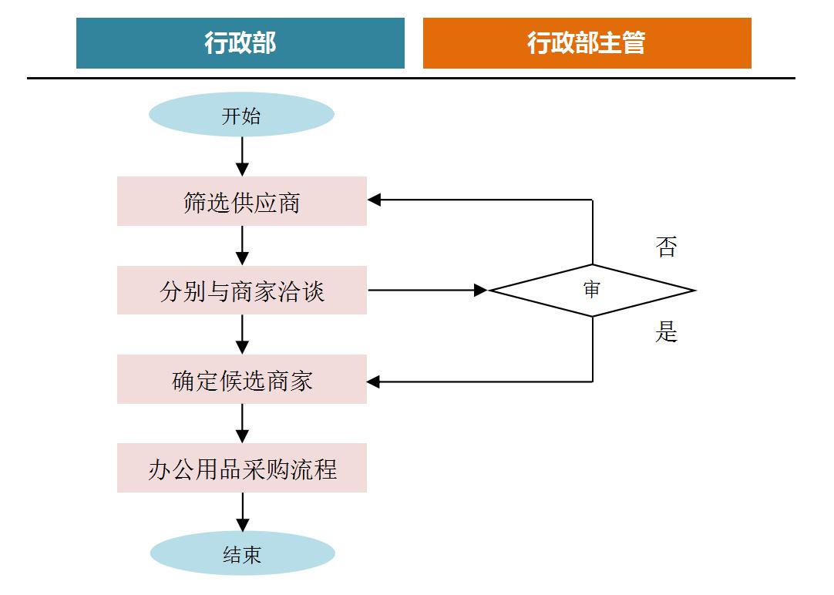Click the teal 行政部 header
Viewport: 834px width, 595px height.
tap(240, 43)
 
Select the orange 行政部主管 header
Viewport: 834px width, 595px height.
tap(587, 43)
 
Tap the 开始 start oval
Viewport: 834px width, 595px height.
tap(241, 116)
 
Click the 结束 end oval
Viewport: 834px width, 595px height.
tap(242, 554)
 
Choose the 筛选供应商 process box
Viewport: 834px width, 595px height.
tap(241, 201)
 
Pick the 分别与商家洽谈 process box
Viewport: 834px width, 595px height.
tap(241, 291)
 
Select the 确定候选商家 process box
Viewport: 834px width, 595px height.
tap(241, 379)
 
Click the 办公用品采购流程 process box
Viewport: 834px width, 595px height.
tap(241, 468)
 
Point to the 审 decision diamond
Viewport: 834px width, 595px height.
tap(592, 291)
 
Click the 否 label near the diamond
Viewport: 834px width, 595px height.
tap(666, 247)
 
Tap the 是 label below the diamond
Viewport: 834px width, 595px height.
tap(666, 332)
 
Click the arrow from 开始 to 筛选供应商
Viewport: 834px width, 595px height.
tap(242, 156)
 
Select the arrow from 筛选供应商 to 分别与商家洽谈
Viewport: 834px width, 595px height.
tap(242, 246)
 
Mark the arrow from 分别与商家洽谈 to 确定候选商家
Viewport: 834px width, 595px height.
tap(242, 334)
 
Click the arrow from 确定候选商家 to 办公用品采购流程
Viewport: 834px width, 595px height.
tap(242, 423)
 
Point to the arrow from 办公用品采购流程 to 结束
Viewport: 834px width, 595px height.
tap(242, 512)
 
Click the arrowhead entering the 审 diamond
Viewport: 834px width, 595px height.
tap(481, 291)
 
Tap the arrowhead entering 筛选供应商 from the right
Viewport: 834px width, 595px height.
tap(375, 200)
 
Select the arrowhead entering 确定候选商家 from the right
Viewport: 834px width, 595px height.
tap(375, 382)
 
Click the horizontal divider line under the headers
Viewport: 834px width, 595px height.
tap(411, 78)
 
